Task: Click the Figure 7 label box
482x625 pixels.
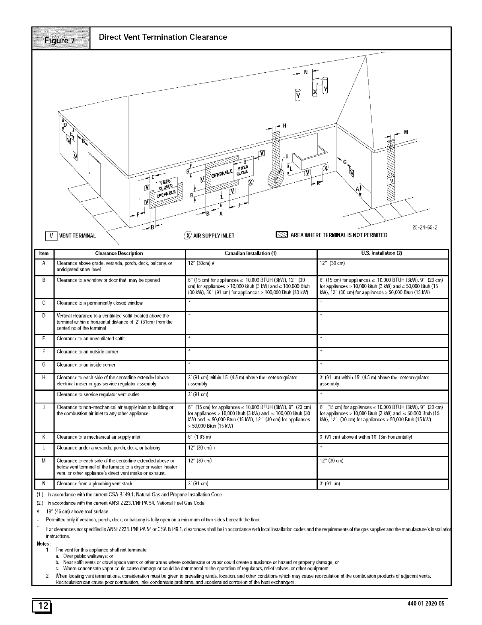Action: pos(61,38)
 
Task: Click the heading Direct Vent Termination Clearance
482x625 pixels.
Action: pos(163,37)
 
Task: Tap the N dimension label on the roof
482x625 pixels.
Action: pos(305,72)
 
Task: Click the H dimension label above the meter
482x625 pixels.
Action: pos(284,126)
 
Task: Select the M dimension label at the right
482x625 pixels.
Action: pos(405,132)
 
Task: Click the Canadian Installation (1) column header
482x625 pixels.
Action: pos(251,253)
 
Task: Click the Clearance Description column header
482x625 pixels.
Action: pos(119,253)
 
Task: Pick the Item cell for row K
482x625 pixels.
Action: pos(43,437)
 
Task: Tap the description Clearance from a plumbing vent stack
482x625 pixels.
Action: pos(94,484)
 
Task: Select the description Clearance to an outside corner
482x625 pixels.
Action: pos(87,351)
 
